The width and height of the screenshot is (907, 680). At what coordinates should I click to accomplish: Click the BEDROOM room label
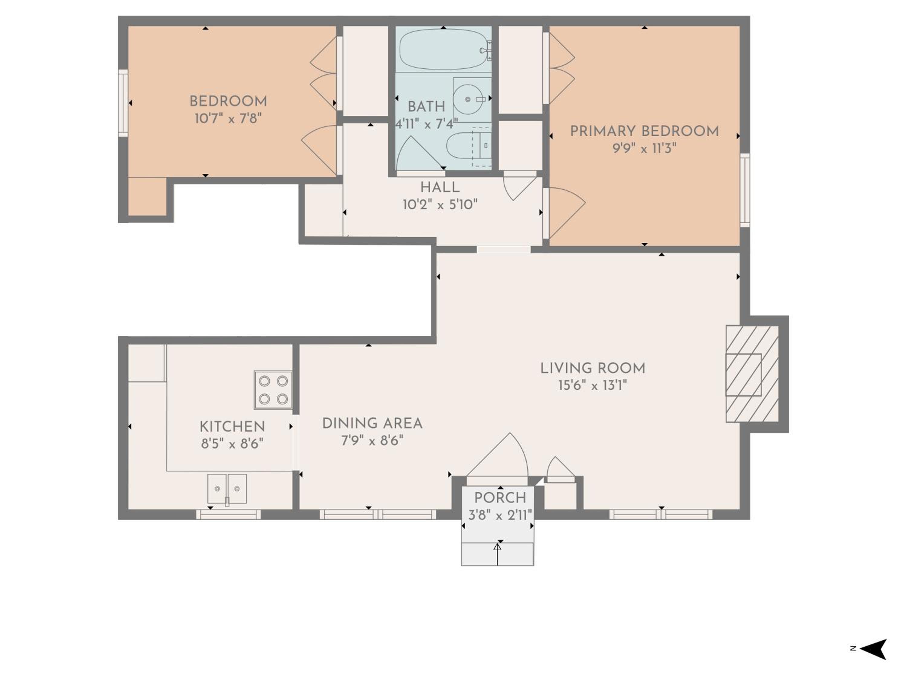point(228,101)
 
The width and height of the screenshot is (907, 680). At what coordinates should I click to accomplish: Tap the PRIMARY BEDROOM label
point(645,131)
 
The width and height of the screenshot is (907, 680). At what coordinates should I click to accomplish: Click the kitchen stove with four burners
point(273,390)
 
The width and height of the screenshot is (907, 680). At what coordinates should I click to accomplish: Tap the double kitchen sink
point(227,489)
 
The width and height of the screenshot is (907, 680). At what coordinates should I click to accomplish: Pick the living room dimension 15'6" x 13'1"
point(593,385)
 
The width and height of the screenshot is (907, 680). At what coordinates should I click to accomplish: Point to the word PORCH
point(500,498)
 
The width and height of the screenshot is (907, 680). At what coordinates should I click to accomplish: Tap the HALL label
point(440,187)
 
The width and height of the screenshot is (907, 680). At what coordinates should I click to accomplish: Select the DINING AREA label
point(372,423)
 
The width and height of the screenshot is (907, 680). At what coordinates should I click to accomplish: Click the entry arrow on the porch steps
point(497,554)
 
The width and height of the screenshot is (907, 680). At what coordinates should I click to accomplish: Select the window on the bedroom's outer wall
point(123,103)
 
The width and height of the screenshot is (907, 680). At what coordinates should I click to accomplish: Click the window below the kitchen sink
point(228,514)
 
